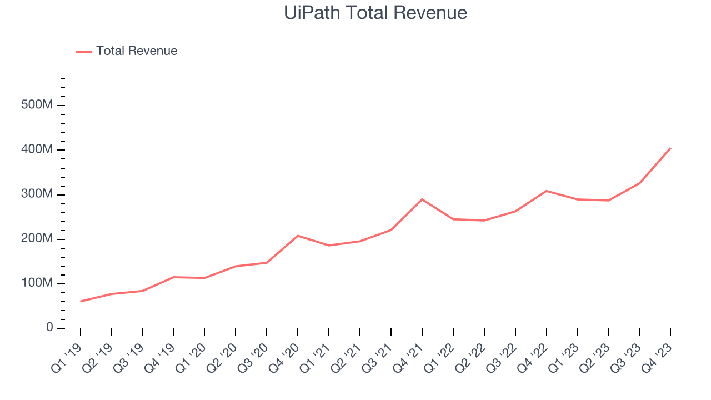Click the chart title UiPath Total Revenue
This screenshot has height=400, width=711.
point(375,12)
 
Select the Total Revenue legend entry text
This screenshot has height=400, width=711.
point(137,51)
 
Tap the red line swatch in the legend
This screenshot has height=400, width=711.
point(84,52)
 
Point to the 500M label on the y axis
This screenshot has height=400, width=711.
point(37,106)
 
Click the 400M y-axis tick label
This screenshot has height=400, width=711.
point(37,150)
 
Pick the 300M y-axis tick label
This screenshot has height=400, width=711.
point(37,194)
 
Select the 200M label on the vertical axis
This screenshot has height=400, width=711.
point(37,239)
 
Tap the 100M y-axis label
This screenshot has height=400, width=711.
point(37,283)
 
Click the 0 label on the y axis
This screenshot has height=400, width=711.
point(49,328)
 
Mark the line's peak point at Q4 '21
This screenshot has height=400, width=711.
point(422,199)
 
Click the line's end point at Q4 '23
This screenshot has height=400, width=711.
point(670,148)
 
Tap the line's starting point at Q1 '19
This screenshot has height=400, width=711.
point(81,301)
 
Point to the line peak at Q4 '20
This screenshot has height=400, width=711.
point(298,236)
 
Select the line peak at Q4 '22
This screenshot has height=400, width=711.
point(547,191)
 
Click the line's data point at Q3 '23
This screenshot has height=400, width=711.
point(639,183)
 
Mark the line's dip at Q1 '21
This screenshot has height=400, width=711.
point(329,246)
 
